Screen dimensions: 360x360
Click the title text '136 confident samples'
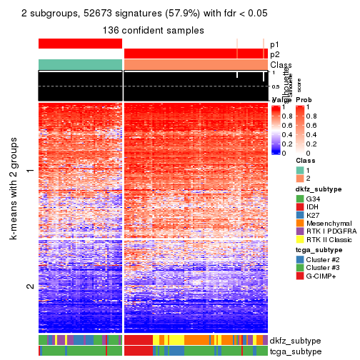point(153,30)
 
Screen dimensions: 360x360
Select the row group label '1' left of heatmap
point(30,171)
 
